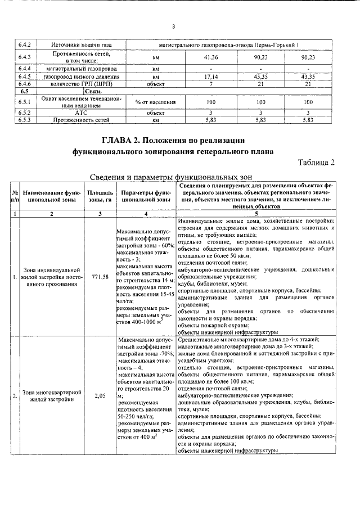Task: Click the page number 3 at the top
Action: tap(174, 26)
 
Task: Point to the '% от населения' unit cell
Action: tap(156, 102)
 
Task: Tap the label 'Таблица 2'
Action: tap(316, 163)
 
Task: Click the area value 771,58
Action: tap(99, 277)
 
